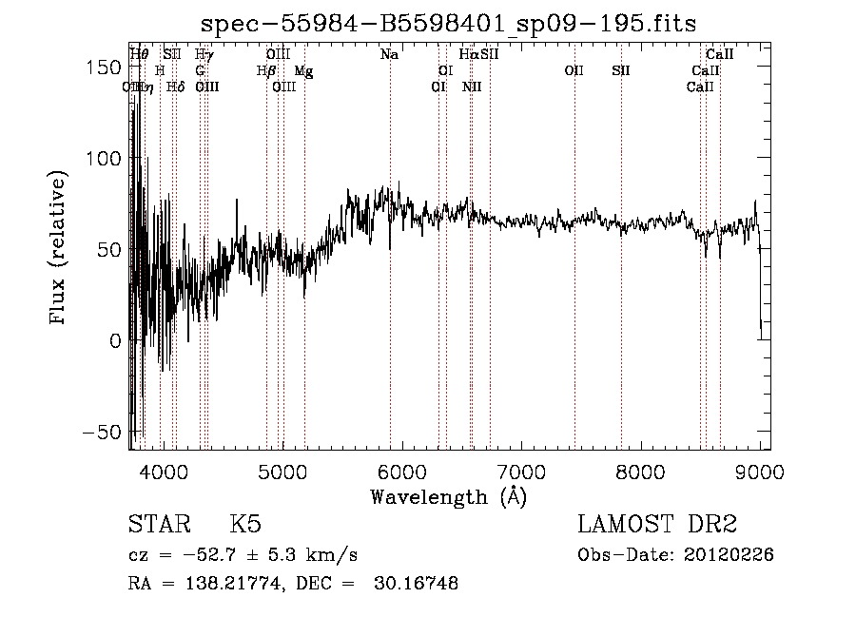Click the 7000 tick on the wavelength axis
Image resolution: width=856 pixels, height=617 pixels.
click(521, 470)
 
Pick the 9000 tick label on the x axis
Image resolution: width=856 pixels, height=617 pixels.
click(760, 470)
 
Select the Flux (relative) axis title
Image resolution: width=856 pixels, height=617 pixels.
click(60, 249)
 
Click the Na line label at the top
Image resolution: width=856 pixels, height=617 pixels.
click(389, 55)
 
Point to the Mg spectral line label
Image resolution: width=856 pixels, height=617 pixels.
click(302, 71)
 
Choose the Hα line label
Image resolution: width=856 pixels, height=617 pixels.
click(468, 55)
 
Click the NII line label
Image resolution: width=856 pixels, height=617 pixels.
click(472, 87)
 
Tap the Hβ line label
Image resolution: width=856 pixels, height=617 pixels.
click(266, 71)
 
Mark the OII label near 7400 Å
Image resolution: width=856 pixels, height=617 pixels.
click(574, 71)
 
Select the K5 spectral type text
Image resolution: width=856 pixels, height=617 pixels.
click(245, 524)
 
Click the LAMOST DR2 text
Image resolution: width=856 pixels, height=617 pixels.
click(657, 524)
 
